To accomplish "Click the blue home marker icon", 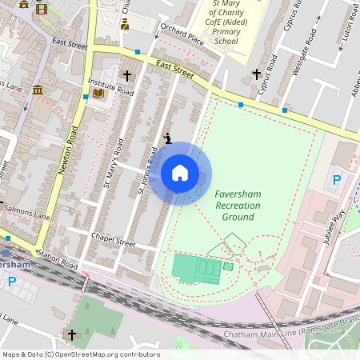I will (x=180, y=173).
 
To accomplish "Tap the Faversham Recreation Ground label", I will (x=238, y=206).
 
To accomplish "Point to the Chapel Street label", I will (x=113, y=238).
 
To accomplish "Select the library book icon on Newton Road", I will (x=98, y=94).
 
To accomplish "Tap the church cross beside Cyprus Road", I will (x=257, y=74).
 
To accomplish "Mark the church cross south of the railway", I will (x=72, y=334).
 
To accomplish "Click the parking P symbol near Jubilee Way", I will (x=337, y=181).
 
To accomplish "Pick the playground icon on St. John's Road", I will (x=167, y=138).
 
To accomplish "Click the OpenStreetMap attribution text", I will (x=80, y=354).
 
